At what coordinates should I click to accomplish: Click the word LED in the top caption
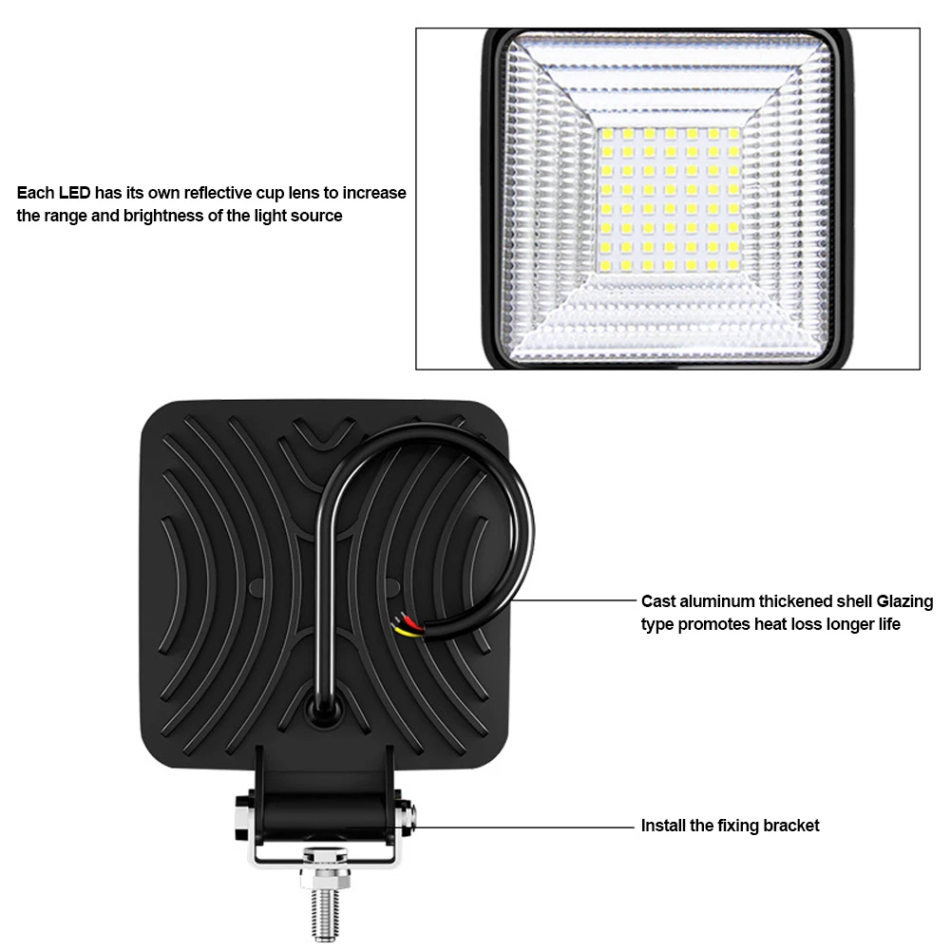75,193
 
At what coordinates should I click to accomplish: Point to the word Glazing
904,601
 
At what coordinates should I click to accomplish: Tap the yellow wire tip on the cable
405,632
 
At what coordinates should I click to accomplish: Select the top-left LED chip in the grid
607,133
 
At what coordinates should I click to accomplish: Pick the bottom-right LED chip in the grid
733,265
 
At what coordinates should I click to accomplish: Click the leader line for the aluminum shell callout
572,600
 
